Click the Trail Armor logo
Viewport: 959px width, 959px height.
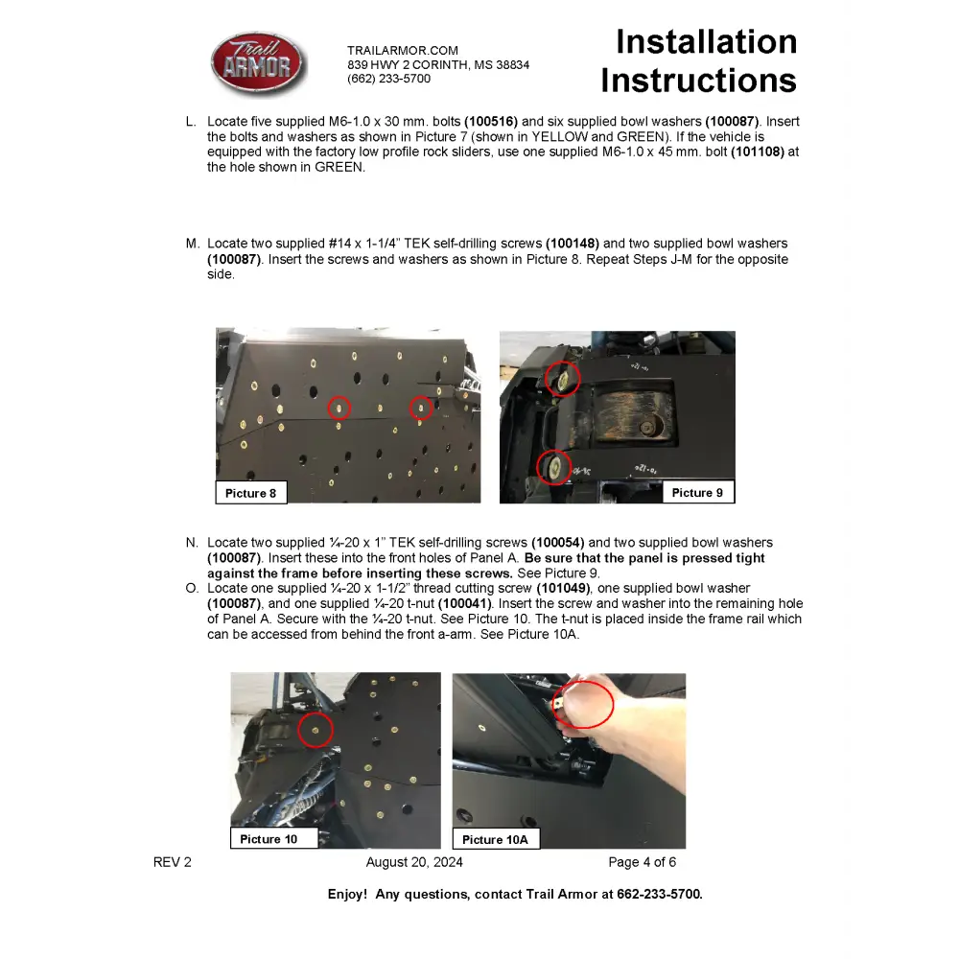pyautogui.click(x=257, y=64)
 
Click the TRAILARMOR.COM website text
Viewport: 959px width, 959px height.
pyautogui.click(x=402, y=50)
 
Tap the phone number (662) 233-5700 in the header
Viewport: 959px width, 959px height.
pyautogui.click(x=388, y=79)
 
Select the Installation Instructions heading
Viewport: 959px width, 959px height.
pyautogui.click(x=699, y=61)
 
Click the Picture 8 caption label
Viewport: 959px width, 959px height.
pyautogui.click(x=250, y=493)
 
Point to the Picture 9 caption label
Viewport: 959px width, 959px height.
pyautogui.click(x=697, y=492)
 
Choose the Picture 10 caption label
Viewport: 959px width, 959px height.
pyautogui.click(x=269, y=839)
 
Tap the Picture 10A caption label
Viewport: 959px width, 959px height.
pyautogui.click(x=495, y=839)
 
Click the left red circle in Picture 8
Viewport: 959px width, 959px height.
pyautogui.click(x=339, y=408)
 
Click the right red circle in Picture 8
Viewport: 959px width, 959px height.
pyautogui.click(x=421, y=409)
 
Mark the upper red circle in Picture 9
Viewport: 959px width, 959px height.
pyautogui.click(x=563, y=378)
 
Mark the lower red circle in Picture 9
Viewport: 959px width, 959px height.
pyautogui.click(x=554, y=468)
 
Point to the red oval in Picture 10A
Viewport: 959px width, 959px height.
pyautogui.click(x=583, y=704)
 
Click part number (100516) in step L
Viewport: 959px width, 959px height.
pyautogui.click(x=491, y=122)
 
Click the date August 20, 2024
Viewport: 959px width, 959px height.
pyautogui.click(x=414, y=862)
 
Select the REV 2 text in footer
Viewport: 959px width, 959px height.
pyautogui.click(x=173, y=862)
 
